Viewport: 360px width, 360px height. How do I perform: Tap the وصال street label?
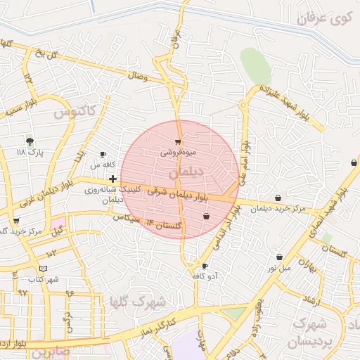click(x=139, y=75)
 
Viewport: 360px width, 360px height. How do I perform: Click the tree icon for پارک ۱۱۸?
click(x=29, y=141)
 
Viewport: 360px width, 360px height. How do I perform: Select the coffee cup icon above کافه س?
click(x=103, y=154)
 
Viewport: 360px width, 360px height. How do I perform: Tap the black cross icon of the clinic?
click(x=113, y=179)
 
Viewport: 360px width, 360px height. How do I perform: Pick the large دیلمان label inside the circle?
click(x=186, y=172)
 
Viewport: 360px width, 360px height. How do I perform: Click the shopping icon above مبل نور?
click(x=280, y=257)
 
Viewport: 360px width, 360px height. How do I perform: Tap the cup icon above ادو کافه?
click(x=205, y=266)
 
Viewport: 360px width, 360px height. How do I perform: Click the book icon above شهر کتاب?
click(x=44, y=268)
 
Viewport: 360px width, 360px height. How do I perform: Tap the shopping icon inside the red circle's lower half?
click(x=206, y=216)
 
